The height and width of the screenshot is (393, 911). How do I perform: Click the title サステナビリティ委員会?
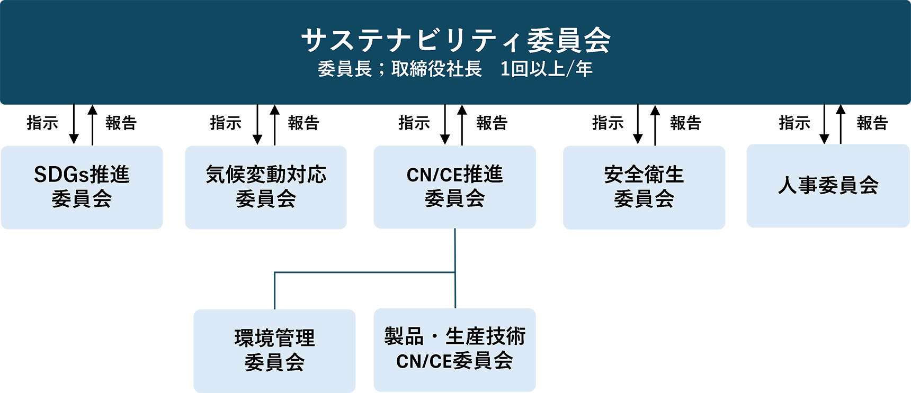tap(455, 40)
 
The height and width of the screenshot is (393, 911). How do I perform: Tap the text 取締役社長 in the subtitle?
tap(436, 69)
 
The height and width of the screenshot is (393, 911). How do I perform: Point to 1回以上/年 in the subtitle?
tap(546, 69)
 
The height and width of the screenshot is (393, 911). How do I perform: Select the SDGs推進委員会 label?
tap(82, 186)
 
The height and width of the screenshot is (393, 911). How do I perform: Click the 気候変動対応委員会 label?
tap(266, 186)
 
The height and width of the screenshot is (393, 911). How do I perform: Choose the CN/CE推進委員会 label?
tap(454, 186)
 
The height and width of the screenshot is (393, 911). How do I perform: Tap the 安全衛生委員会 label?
tap(644, 186)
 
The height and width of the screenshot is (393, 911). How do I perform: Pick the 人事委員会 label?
tap(828, 186)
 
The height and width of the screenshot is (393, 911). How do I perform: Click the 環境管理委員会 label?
tap(274, 350)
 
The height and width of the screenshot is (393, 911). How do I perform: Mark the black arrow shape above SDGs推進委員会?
tap(82, 125)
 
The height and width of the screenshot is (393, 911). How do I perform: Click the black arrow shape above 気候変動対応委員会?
tap(265, 125)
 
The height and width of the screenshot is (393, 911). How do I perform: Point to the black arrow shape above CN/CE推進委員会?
tap(453, 125)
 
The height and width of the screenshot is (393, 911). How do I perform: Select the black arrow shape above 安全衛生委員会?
tap(646, 125)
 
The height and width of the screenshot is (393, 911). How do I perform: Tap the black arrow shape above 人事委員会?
tap(833, 125)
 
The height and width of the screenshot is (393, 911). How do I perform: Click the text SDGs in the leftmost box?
tap(61, 175)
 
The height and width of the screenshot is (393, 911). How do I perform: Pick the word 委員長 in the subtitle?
tap(344, 69)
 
